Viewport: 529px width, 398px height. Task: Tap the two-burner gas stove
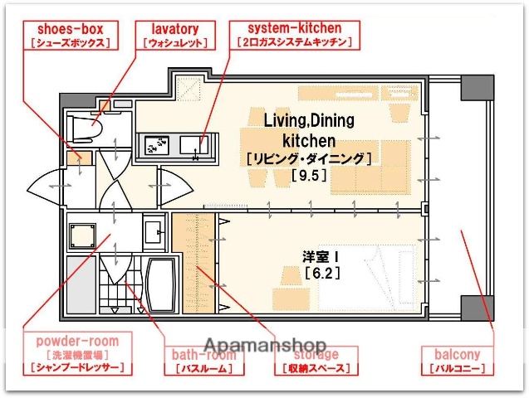tap(156, 145)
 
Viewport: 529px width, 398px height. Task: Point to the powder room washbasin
tap(153, 228)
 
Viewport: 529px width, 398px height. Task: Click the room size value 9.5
tap(306, 175)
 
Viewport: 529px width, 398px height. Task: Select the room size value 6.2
tap(321, 272)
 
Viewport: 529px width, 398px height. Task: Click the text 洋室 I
tap(319, 255)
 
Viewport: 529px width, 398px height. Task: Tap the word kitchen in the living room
tap(308, 140)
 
